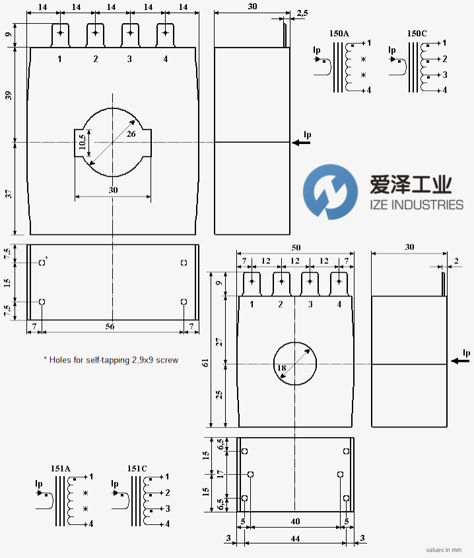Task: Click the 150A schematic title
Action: (339, 34)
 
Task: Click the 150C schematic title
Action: (417, 34)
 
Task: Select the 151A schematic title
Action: (61, 468)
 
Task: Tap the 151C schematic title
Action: (137, 468)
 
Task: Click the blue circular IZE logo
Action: (330, 192)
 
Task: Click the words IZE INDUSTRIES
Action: (417, 205)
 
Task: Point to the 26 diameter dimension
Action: (131, 134)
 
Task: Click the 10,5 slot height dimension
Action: (83, 143)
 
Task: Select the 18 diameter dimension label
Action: (282, 368)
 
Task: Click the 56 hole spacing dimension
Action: (110, 326)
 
